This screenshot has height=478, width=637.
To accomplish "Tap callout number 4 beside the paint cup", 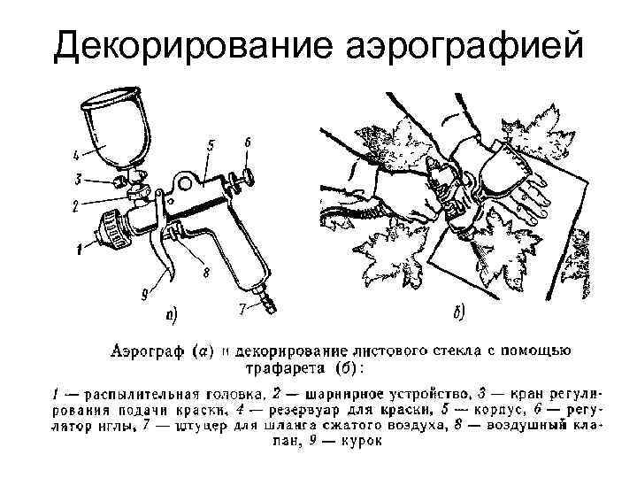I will pos(76,154).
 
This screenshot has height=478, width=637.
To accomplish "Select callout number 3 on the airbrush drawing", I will pos(79,180).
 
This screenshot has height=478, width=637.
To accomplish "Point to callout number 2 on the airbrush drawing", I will pos(77,205).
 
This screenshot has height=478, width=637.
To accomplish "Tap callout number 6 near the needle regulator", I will pos(247,142).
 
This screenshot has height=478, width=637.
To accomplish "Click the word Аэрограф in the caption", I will pos(147,352).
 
